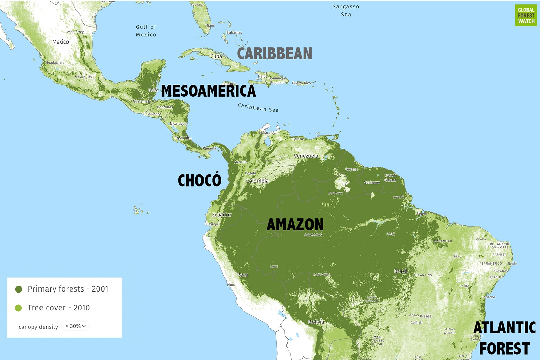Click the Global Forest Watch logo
click(526, 15)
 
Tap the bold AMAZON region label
click(295, 225)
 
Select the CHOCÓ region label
click(199, 180)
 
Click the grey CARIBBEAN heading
click(274, 54)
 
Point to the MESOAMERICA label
click(208, 91)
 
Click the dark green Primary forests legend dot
click(19, 289)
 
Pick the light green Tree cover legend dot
click(19, 308)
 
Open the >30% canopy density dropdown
click(76, 326)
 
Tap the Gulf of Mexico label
click(146, 31)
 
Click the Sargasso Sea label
click(346, 10)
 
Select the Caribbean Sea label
click(258, 107)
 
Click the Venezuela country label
click(306, 156)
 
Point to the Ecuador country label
click(222, 215)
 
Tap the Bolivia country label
click(316, 322)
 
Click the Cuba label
click(216, 56)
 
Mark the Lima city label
click(231, 285)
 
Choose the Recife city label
click(512, 264)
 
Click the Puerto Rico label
click(301, 83)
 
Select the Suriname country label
click(372, 182)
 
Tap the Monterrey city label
click(75, 32)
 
